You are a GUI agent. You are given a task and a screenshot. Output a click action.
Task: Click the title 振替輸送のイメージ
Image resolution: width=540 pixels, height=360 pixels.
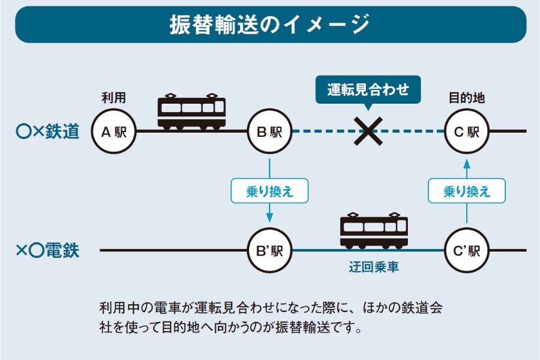point(270,25)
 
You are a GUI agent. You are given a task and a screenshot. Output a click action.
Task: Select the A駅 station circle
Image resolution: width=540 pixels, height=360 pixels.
point(113,131)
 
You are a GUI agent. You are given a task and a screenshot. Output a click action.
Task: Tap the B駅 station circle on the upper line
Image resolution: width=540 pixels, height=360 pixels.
point(269,131)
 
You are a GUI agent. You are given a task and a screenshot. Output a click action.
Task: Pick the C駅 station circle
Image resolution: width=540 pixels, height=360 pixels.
point(466,131)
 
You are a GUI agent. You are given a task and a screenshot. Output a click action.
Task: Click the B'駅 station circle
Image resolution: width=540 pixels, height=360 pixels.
point(269,250)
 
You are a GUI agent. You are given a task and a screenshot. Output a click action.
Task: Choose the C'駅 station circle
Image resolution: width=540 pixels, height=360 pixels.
point(466,250)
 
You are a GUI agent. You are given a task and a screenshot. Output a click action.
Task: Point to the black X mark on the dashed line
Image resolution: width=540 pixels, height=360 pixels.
point(368,131)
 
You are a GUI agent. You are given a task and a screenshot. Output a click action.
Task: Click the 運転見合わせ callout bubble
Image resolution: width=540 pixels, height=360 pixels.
point(368,90)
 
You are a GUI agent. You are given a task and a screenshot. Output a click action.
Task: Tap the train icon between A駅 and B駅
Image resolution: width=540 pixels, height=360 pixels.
point(191,112)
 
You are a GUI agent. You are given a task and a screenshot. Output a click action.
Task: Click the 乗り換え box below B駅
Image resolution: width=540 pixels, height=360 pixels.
point(269,191)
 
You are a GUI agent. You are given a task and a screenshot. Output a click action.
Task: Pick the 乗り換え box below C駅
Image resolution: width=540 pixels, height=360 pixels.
point(466,191)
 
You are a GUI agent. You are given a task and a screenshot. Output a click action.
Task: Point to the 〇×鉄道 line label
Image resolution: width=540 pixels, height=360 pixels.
point(48,131)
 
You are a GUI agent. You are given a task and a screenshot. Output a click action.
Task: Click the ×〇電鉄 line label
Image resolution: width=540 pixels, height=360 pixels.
point(48,250)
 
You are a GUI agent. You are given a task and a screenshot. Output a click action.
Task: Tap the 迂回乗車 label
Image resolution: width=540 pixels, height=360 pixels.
point(374,267)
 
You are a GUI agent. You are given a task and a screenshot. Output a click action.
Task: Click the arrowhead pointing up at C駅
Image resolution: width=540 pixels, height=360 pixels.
point(466,164)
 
